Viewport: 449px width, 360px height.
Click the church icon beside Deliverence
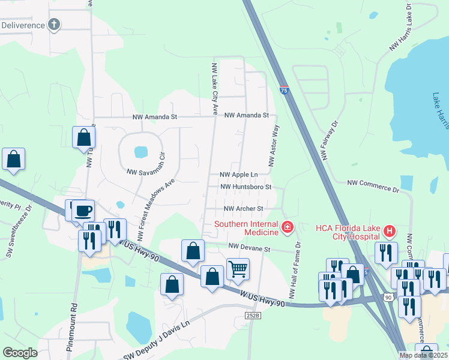click(55, 25)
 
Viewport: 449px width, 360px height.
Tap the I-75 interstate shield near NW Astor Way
click(283, 91)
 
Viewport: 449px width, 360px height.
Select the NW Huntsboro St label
click(247, 187)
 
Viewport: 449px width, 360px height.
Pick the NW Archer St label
click(244, 209)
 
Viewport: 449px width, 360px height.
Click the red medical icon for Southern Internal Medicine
click(287, 226)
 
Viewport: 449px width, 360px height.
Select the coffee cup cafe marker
click(83, 211)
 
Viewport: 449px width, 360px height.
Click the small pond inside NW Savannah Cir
click(140, 152)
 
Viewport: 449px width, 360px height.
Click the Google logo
click(20, 353)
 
